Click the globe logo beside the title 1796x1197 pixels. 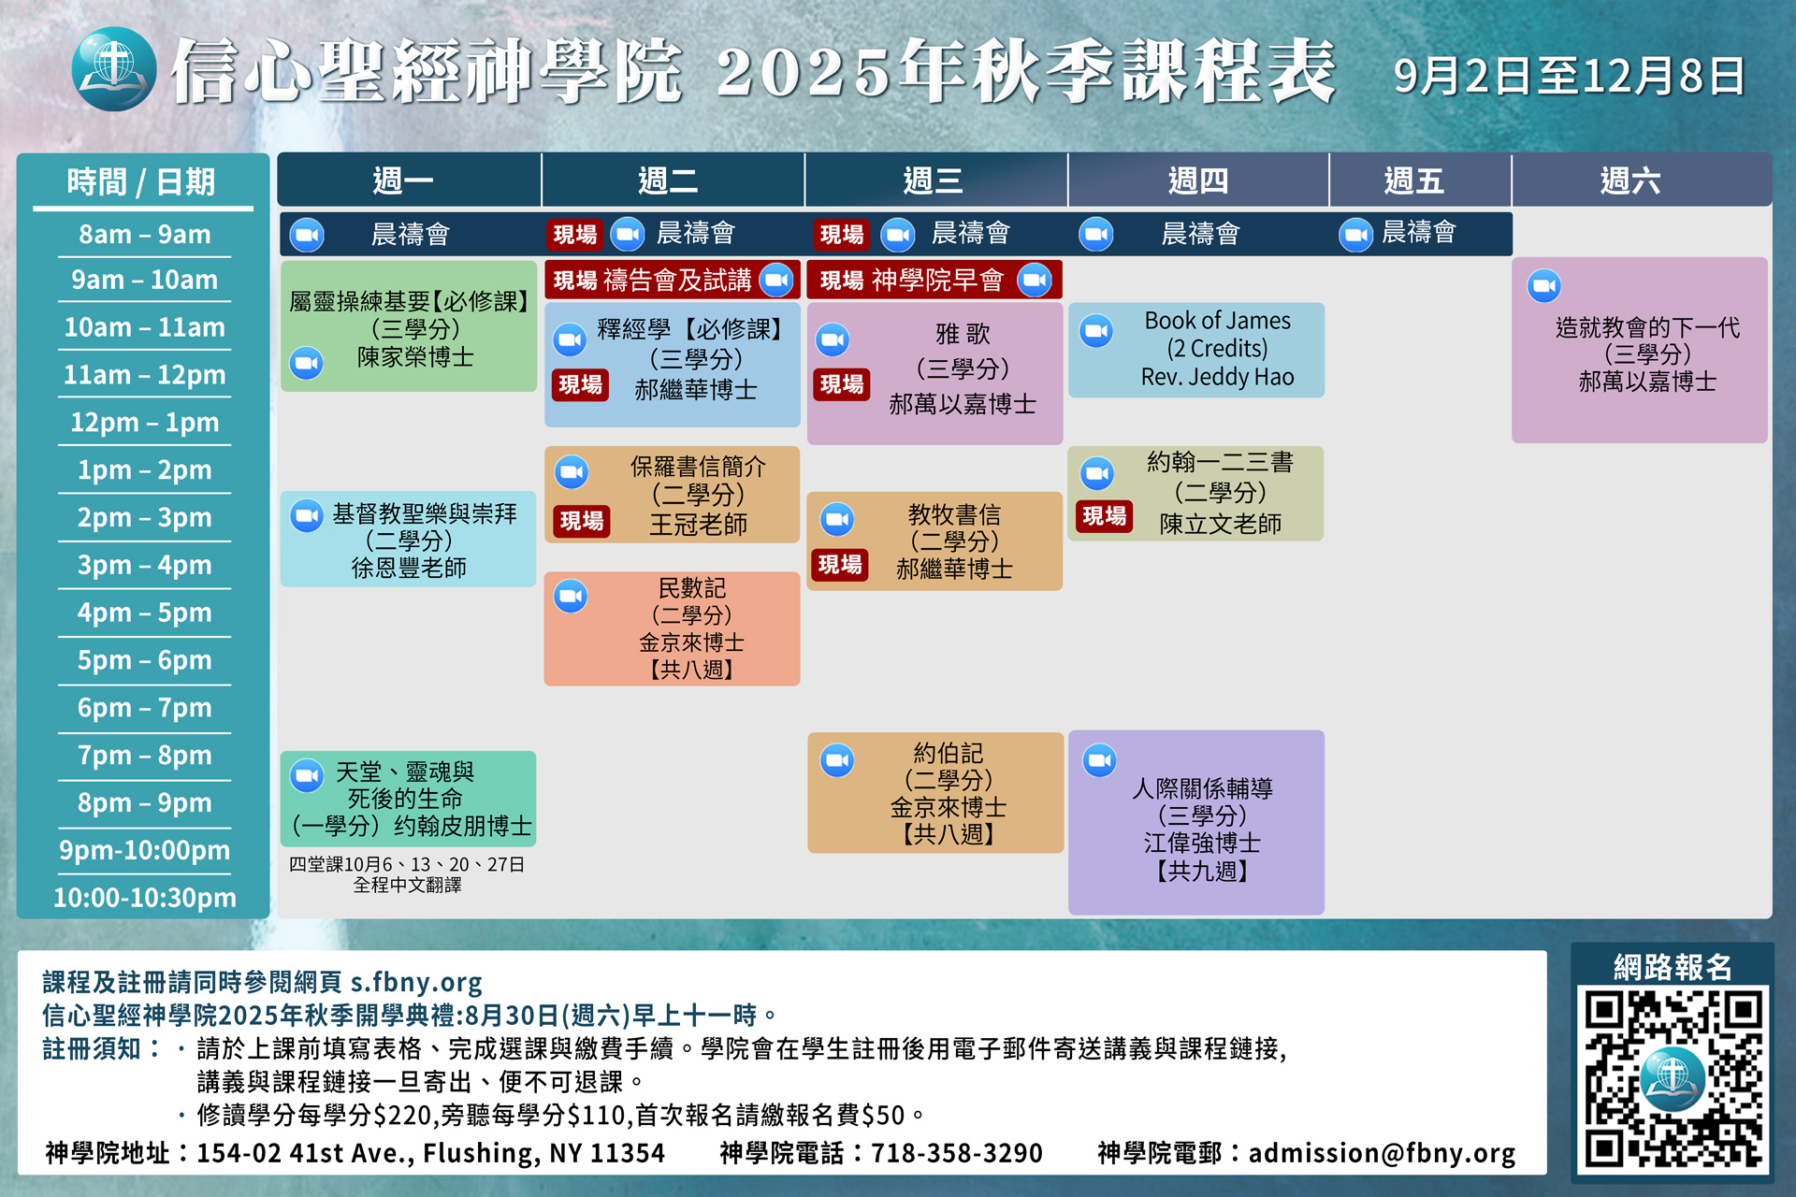click(114, 69)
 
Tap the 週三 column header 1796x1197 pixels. click(934, 180)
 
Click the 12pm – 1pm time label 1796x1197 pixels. click(145, 423)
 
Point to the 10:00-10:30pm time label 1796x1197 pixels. click(145, 898)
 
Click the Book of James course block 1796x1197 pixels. click(1196, 350)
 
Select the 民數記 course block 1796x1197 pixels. click(672, 628)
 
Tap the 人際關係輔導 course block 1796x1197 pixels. click(1196, 822)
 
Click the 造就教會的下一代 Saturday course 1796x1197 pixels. click(1640, 350)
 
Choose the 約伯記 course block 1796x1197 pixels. click(935, 792)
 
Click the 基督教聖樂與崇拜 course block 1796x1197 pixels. click(409, 539)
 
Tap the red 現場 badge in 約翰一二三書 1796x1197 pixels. click(1104, 516)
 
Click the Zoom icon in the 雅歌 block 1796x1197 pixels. click(833, 339)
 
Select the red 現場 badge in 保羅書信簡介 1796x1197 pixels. click(581, 521)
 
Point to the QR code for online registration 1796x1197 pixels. click(1673, 1079)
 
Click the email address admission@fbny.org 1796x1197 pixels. click(1382, 1153)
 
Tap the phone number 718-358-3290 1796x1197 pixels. click(956, 1153)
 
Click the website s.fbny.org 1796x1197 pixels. click(416, 983)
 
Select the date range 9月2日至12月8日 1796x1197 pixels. click(1569, 76)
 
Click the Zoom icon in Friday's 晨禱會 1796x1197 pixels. click(1355, 235)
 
